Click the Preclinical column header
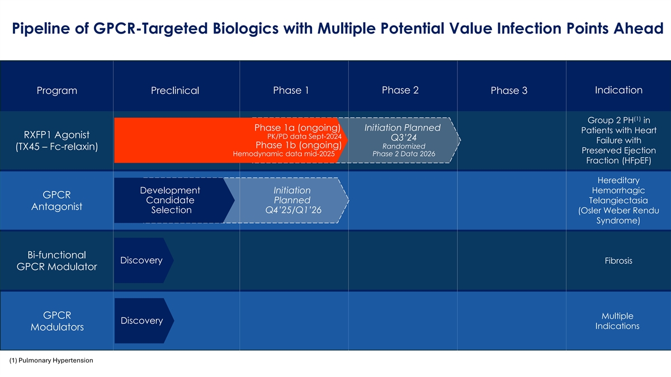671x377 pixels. pyautogui.click(x=175, y=91)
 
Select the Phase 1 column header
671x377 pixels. pyautogui.click(x=291, y=90)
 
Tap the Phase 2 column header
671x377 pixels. pyautogui.click(x=400, y=90)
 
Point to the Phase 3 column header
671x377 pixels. pyautogui.click(x=509, y=91)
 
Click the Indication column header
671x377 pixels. pyautogui.click(x=618, y=90)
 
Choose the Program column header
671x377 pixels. pyautogui.click(x=56, y=91)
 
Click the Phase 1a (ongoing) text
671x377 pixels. pyautogui.click(x=297, y=128)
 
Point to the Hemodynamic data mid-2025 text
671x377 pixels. pyautogui.click(x=283, y=154)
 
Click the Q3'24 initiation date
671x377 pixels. pyautogui.click(x=401, y=138)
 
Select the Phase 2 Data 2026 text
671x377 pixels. pyautogui.click(x=403, y=154)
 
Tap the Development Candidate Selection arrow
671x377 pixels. pyautogui.click(x=171, y=201)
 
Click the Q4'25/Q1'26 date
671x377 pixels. pyautogui.click(x=292, y=210)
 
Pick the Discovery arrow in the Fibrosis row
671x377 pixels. pyautogui.click(x=142, y=261)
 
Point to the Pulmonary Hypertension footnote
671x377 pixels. pyautogui.click(x=51, y=361)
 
